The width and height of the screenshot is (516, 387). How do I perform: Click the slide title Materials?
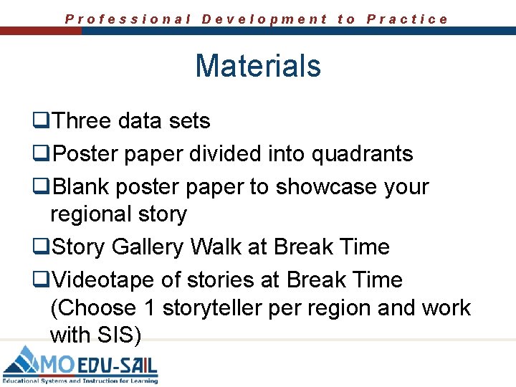click(258, 66)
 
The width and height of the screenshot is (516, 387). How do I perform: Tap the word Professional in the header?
click(128, 19)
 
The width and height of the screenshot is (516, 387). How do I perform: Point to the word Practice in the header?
click(407, 19)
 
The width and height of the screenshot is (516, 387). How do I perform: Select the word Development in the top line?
click(264, 19)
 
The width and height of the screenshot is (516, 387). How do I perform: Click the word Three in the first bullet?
click(82, 121)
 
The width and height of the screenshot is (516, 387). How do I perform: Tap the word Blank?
click(81, 187)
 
